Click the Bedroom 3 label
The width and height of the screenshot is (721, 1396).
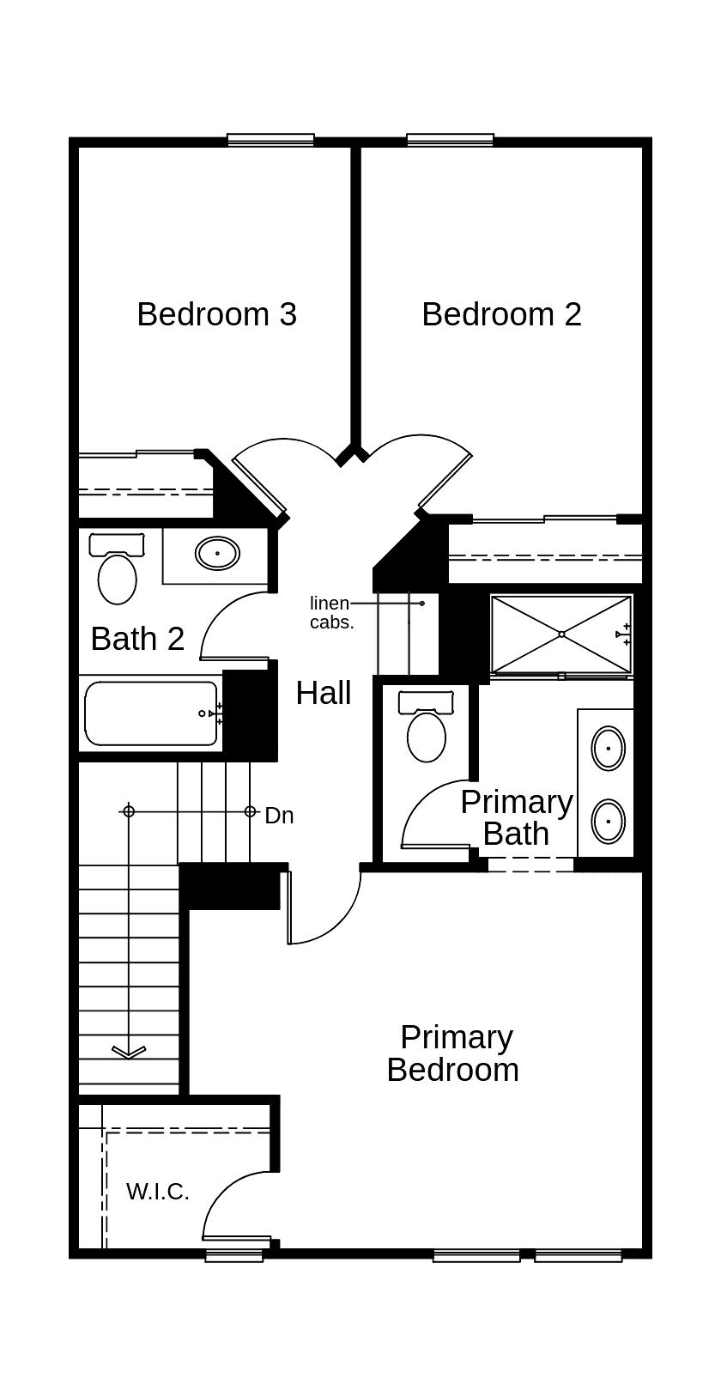tap(216, 314)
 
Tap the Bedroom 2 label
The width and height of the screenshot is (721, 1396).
tap(501, 314)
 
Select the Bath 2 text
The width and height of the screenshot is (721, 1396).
tap(137, 639)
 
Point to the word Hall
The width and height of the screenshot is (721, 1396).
tap(324, 693)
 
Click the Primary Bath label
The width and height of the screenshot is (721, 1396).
tap(516, 817)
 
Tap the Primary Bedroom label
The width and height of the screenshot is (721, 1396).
tap(454, 1053)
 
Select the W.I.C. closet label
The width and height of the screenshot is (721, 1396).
tap(157, 1192)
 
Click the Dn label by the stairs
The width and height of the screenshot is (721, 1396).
tap(279, 816)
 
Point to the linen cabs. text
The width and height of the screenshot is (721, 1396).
tap(331, 613)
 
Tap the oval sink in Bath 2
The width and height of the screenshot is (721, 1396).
tap(217, 554)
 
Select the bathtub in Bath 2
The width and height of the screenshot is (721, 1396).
tap(150, 713)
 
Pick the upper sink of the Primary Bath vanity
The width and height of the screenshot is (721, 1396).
tap(609, 748)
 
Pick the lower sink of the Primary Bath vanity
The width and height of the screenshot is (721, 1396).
tap(609, 821)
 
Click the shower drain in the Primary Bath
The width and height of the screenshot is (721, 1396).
tap(561, 634)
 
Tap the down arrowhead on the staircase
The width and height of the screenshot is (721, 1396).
tap(129, 1052)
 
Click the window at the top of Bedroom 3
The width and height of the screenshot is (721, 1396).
tap(270, 140)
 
